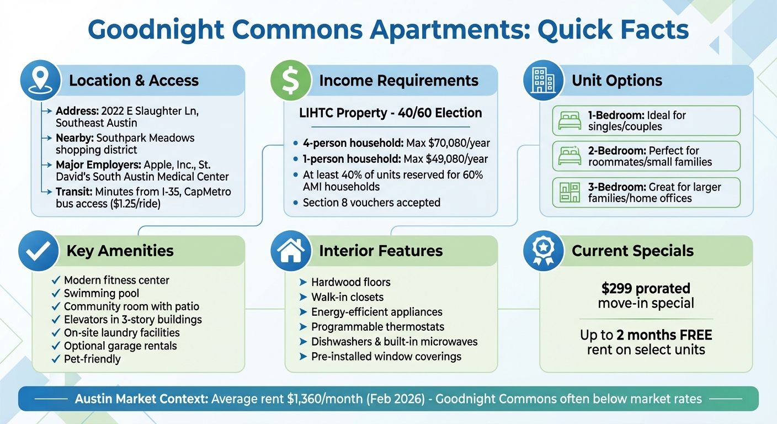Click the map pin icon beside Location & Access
(40, 81)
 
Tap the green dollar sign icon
(290, 81)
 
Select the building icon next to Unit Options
(543, 81)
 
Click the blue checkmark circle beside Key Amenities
(39, 251)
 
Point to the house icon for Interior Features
(290, 251)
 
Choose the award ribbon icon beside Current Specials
(543, 251)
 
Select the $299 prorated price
(646, 289)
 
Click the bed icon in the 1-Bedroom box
(570, 121)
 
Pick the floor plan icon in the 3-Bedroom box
(570, 192)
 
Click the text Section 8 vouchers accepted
(371, 203)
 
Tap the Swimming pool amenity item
(102, 293)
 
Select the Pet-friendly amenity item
(92, 359)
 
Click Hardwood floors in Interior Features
(350, 282)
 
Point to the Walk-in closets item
(347, 297)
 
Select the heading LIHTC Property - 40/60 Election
(390, 113)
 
